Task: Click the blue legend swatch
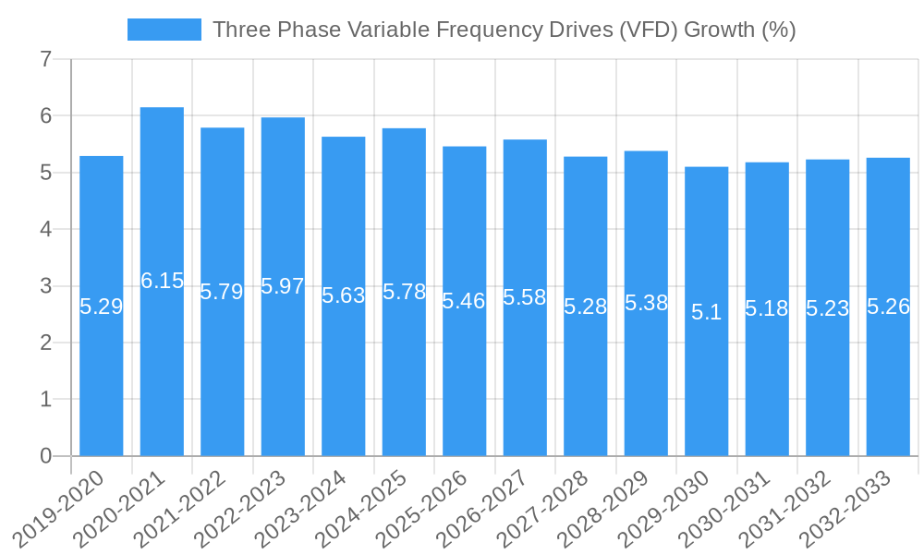click(x=164, y=30)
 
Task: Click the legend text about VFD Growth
click(x=504, y=30)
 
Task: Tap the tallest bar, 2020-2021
click(x=162, y=369)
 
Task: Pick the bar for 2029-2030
click(x=707, y=388)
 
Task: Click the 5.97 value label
click(x=283, y=286)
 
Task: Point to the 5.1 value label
click(x=707, y=312)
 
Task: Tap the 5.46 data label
click(x=464, y=301)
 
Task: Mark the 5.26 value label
click(x=889, y=307)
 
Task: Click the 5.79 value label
click(x=222, y=292)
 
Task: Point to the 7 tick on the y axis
click(x=46, y=60)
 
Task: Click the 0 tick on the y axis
click(x=46, y=456)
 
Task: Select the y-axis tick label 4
click(x=46, y=229)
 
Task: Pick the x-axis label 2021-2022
click(x=181, y=508)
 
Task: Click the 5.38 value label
click(x=646, y=303)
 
